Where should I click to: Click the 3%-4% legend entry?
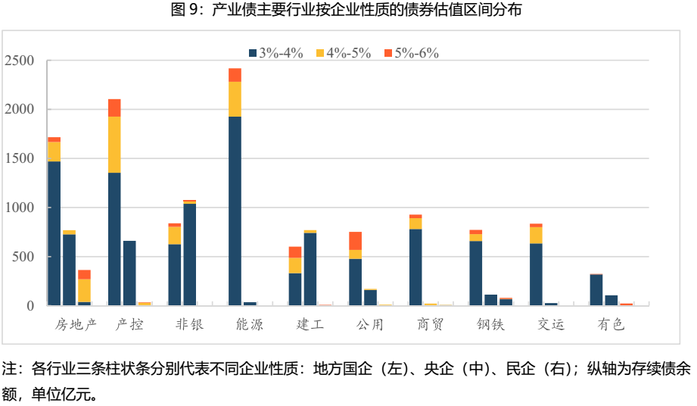(275, 53)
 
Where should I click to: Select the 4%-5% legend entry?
(343, 53)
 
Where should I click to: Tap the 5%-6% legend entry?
(411, 53)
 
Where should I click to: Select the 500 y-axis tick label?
(24, 257)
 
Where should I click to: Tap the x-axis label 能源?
(250, 325)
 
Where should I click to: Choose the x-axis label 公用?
(370, 325)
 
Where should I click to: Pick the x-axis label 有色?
(611, 325)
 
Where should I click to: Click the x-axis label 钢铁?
(490, 325)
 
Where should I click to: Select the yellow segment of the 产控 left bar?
(114, 144)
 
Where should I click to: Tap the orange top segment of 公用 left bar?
(355, 240)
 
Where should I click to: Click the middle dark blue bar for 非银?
(189, 255)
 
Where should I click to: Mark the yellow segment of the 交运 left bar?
(536, 235)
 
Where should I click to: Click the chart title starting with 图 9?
(347, 10)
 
